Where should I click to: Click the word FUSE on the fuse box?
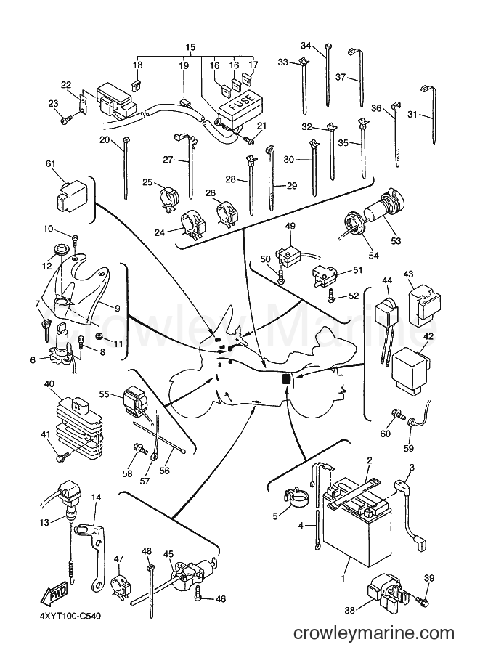coord(240,102)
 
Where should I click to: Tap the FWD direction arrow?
coord(53,595)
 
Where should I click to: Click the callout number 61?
coord(50,163)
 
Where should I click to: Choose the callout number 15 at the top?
coord(190,47)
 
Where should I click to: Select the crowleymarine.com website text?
coord(374,633)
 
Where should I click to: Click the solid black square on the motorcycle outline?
coord(286,379)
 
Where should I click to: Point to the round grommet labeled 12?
coord(60,248)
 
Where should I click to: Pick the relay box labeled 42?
coord(410,367)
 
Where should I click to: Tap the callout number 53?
coord(396,241)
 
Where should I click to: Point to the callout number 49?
coord(290,227)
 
